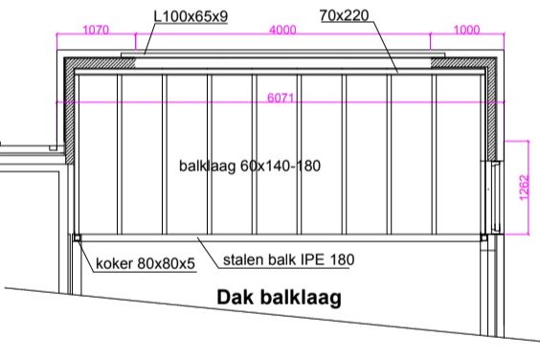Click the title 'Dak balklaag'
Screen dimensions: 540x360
coord(280,298)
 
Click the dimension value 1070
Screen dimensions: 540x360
coord(96,30)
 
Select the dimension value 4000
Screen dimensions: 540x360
coord(282,30)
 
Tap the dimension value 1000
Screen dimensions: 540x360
coord(466,30)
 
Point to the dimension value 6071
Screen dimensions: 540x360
coord(281,98)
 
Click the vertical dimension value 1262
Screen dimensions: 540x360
coord(524,188)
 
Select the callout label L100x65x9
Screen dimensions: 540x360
coord(191,16)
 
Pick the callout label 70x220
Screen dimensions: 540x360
coord(344,15)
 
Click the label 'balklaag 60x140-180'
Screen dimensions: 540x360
coord(250,166)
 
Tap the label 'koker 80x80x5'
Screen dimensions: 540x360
coord(146,263)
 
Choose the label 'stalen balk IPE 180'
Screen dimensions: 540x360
coord(288,259)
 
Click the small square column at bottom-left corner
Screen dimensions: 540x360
coord(78,237)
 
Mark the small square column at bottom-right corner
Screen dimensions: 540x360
coord(484,237)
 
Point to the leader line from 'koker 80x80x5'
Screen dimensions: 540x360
coord(86,256)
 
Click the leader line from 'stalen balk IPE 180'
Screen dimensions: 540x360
coord(208,253)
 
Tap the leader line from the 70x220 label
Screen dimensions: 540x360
coord(385,47)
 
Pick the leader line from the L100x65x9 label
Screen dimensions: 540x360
coord(148,38)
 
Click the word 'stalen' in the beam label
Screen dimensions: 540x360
coord(243,259)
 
